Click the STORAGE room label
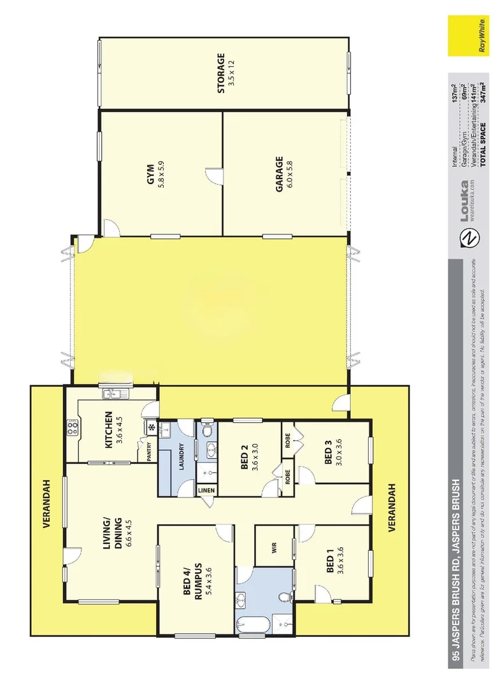click(222, 73)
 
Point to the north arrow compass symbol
click(469, 238)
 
